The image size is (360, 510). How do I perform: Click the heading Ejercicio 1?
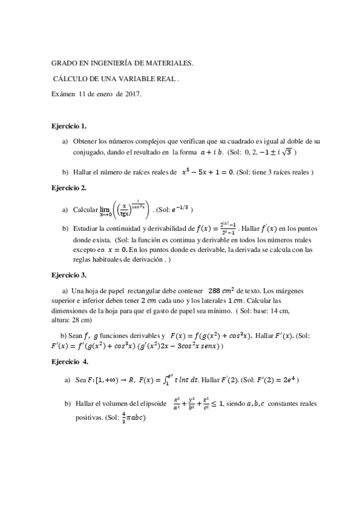[x=70, y=126]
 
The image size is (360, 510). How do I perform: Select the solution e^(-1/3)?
[x=181, y=209]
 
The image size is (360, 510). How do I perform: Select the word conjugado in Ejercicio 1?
[x=92, y=152]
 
